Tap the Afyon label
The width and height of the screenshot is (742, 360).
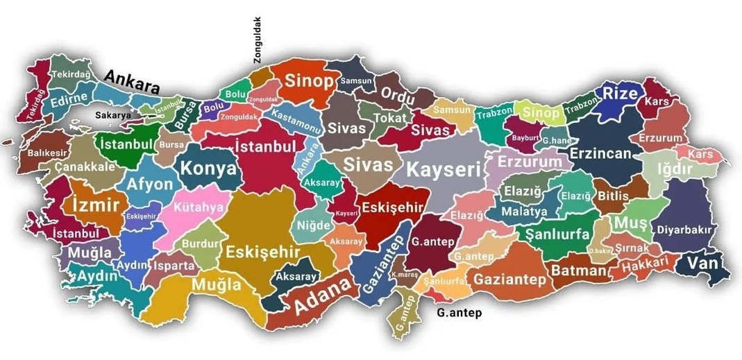pyautogui.click(x=149, y=185)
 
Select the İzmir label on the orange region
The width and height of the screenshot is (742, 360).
pyautogui.click(x=95, y=205)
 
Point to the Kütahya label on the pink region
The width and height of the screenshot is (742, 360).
pyautogui.click(x=199, y=207)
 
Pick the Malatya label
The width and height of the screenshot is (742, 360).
pyautogui.click(x=520, y=211)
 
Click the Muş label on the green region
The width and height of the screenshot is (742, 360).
pyautogui.click(x=631, y=223)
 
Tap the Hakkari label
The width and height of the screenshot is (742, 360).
pyautogui.click(x=645, y=263)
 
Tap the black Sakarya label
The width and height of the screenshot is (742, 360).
pyautogui.click(x=113, y=115)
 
